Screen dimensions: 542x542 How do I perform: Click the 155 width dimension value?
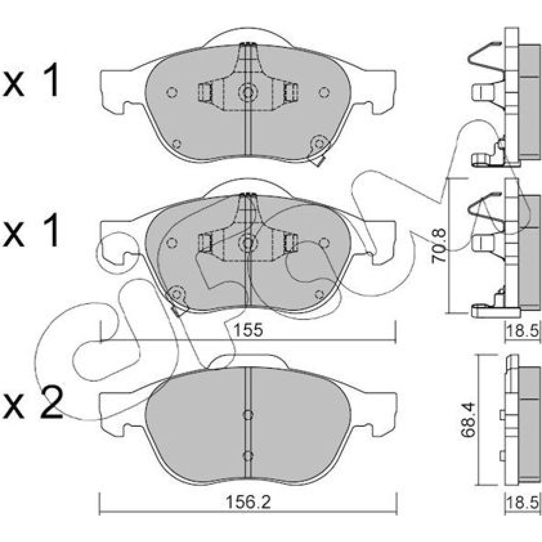[x=248, y=330]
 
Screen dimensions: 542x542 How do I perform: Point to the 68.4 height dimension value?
[x=470, y=420]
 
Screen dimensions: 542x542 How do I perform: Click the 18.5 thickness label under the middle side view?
[x=522, y=330]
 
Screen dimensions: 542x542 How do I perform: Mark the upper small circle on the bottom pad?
[x=248, y=415]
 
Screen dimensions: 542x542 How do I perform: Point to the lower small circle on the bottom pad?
[x=248, y=456]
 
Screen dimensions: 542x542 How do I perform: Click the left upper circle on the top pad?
[x=172, y=92]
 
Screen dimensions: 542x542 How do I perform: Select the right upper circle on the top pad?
[x=324, y=92]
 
